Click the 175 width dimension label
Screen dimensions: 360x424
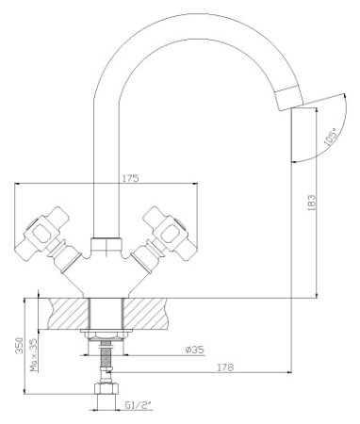point(130,178)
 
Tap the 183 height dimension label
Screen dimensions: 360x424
point(311,203)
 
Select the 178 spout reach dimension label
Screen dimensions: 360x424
point(225,367)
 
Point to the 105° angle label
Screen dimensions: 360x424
point(330,138)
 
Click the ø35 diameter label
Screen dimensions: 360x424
point(195,350)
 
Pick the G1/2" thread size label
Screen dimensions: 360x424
point(139,405)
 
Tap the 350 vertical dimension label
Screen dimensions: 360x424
point(20,346)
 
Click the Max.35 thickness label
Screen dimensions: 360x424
point(34,355)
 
